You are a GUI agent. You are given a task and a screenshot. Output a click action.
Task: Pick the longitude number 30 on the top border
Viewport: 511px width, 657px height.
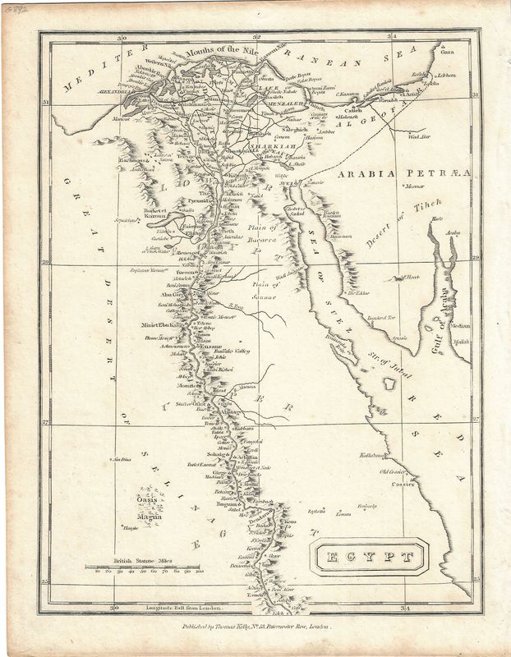(x=121, y=37)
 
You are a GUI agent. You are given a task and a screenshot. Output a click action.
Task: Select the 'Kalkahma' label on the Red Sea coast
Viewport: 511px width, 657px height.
(x=373, y=454)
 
